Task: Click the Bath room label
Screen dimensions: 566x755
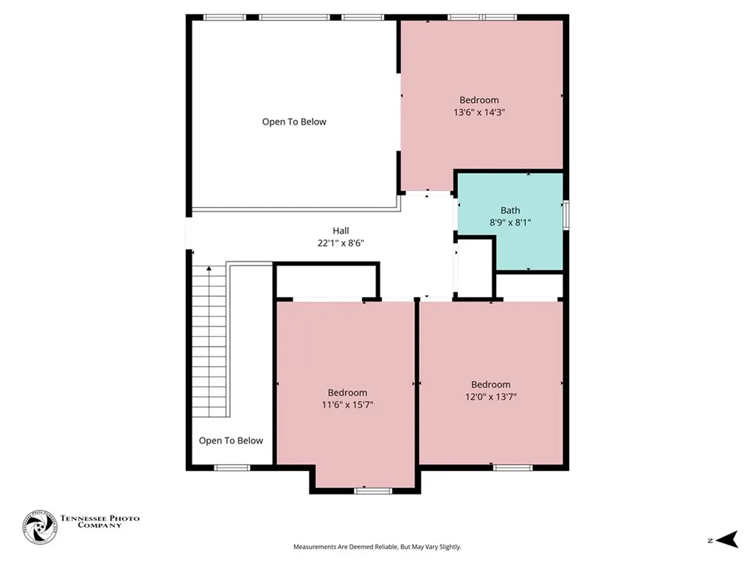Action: point(510,210)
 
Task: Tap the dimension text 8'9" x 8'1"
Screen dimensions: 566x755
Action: point(510,222)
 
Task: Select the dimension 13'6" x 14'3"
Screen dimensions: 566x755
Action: point(479,113)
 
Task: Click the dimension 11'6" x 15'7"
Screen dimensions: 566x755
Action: point(347,405)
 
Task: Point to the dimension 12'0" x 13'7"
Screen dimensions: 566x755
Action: point(490,396)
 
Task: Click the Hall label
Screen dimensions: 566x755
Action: point(340,230)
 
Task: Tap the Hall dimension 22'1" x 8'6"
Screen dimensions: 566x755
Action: point(340,242)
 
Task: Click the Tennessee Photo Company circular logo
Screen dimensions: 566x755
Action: point(39,528)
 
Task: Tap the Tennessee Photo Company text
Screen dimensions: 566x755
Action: point(100,522)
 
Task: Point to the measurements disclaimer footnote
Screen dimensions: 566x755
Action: point(377,547)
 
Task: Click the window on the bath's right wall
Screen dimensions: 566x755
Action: point(566,214)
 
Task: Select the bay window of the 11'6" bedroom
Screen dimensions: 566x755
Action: point(367,490)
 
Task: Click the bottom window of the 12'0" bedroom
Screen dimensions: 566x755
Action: point(512,467)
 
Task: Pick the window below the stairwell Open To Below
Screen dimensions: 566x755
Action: point(232,467)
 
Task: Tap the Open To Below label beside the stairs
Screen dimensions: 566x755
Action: point(231,441)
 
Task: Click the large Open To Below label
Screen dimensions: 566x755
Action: point(293,122)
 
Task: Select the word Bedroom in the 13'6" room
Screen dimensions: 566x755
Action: point(479,100)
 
